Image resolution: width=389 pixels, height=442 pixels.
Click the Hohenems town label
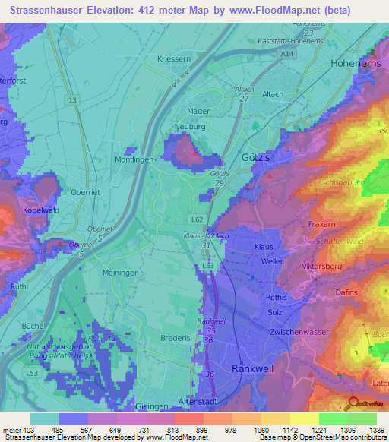point(356,65)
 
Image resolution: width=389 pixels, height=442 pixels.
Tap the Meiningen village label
point(120,271)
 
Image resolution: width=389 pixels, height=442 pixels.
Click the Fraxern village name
point(322,225)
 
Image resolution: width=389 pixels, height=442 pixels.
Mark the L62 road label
point(197,219)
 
